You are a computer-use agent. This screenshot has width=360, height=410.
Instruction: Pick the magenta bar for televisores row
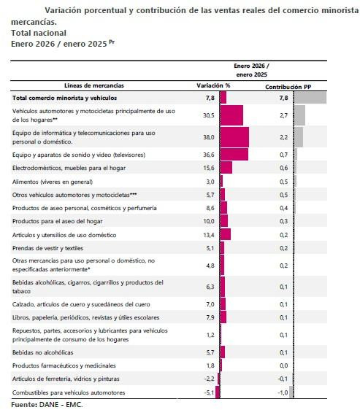coord(233,155)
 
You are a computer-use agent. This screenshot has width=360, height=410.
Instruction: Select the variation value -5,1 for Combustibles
coord(209,393)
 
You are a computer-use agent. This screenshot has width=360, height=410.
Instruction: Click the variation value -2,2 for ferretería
coord(209,378)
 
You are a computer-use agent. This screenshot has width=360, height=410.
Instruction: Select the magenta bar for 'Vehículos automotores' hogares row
coord(231,115)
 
